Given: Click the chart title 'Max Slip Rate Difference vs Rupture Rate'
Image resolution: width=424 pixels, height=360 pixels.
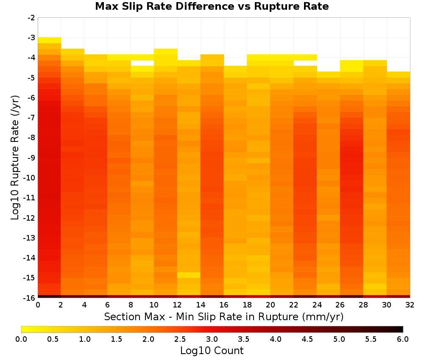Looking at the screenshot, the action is click(x=212, y=6).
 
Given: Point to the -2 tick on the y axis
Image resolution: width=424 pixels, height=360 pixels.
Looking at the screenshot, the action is click(x=31, y=18).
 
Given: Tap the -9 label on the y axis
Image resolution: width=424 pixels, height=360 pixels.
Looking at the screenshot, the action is click(x=31, y=158).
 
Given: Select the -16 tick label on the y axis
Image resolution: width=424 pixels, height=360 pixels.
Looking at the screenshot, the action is click(x=30, y=298).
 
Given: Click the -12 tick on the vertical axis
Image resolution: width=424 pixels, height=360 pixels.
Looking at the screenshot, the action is click(x=30, y=218).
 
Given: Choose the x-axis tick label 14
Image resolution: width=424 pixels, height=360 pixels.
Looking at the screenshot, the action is click(x=201, y=305).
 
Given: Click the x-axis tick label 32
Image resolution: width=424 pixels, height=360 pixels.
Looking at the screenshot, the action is click(x=410, y=305).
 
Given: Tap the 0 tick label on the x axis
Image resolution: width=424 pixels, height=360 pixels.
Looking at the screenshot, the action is click(x=38, y=305).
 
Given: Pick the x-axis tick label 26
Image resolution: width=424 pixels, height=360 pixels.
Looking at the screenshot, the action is click(x=340, y=305).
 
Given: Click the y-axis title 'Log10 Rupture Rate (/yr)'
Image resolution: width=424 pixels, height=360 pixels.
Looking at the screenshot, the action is click(x=15, y=158).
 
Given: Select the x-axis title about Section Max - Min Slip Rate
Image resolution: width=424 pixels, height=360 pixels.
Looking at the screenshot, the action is click(x=224, y=316).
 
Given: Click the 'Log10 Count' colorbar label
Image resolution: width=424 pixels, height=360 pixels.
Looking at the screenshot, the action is click(x=212, y=351).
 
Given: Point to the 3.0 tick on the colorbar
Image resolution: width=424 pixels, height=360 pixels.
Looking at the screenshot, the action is click(x=212, y=339).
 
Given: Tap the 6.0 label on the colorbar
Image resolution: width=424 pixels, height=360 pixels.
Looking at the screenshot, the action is click(x=403, y=339).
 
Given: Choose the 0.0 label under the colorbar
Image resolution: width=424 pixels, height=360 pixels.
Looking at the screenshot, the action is click(x=21, y=339).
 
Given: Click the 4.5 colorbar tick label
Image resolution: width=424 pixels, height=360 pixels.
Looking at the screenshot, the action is click(x=307, y=339).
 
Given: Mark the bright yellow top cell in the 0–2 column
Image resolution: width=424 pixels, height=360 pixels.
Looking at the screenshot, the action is click(x=50, y=40).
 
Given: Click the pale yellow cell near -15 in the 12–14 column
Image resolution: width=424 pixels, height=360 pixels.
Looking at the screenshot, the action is click(x=189, y=275).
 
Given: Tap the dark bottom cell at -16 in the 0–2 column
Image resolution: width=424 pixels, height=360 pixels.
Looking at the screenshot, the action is click(x=50, y=296).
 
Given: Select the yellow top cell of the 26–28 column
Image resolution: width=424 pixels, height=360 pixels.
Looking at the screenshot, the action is click(x=352, y=66).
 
